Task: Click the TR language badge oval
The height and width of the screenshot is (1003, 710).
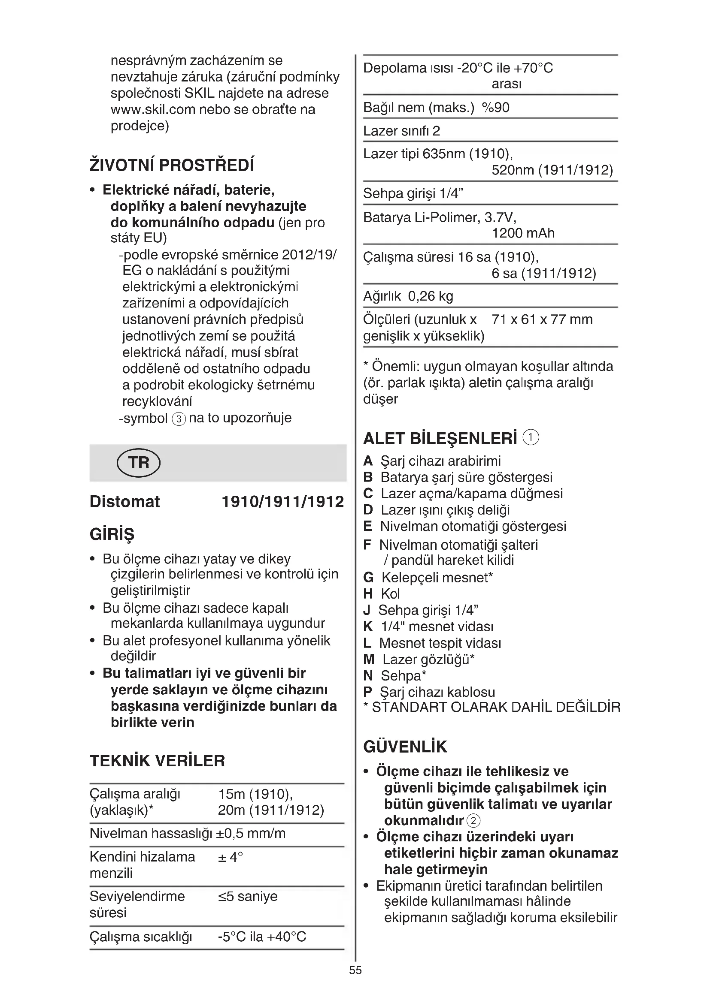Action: (x=139, y=463)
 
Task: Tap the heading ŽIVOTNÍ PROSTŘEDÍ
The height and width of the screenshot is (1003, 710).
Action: (x=171, y=166)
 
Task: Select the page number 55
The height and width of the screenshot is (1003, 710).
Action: (x=355, y=970)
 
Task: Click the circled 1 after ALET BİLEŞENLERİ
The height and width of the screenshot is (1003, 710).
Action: (x=531, y=437)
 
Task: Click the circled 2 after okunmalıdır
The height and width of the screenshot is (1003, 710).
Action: (x=473, y=821)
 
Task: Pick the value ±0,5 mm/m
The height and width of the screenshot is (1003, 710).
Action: (x=251, y=834)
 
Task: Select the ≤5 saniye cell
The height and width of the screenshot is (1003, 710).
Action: (x=248, y=896)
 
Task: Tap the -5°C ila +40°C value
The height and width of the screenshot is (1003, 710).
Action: (x=262, y=937)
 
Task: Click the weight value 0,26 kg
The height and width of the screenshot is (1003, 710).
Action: (x=431, y=296)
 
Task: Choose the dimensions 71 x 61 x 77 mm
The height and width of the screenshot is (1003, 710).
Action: (x=542, y=319)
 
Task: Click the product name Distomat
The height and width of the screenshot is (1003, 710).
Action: (x=124, y=502)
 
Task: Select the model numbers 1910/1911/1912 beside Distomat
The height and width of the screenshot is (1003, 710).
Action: (x=283, y=502)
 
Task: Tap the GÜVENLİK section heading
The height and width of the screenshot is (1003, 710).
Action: (x=405, y=747)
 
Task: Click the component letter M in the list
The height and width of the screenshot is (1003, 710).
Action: (x=369, y=660)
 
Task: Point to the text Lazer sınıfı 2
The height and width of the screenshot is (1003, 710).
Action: (x=401, y=131)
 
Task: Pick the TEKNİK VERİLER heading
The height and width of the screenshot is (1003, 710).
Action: (x=158, y=761)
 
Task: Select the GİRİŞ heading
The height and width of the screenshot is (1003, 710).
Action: (x=112, y=534)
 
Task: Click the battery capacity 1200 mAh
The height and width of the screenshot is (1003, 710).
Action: (x=523, y=233)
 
